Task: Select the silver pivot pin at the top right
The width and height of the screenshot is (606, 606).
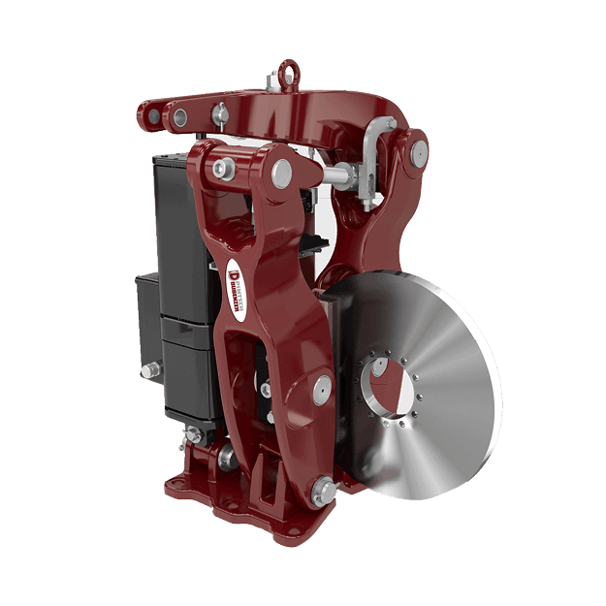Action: click(x=417, y=151)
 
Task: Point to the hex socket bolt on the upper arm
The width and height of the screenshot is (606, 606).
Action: click(x=225, y=169)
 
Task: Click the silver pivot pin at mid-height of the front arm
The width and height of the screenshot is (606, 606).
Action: click(x=318, y=390)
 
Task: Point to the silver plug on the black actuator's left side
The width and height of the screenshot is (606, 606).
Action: click(x=149, y=371)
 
